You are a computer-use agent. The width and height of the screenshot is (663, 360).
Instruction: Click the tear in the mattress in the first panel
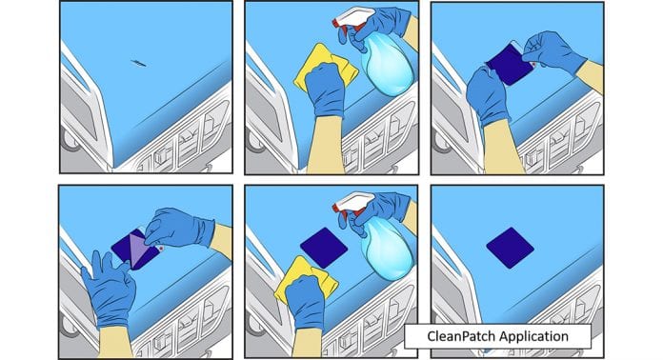point(139,64)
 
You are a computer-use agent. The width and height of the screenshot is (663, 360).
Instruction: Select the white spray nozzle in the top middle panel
point(353,17)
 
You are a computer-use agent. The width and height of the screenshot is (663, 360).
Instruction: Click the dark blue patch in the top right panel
point(509,65)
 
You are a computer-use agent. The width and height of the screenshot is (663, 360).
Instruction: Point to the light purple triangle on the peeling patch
point(138,250)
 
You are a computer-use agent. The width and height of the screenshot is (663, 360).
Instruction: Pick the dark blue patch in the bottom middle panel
point(324,248)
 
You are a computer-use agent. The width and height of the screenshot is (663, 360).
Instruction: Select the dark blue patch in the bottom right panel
point(511,248)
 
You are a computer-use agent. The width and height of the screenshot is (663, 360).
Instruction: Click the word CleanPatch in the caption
point(461,336)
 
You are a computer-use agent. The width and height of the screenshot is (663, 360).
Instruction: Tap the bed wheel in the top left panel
point(69,139)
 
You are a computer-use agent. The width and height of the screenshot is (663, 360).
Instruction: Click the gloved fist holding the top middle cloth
point(325,89)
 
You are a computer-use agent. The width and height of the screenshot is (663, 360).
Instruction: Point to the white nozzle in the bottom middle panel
point(353,202)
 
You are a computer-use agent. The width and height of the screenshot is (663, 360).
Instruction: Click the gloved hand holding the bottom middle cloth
point(305,301)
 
